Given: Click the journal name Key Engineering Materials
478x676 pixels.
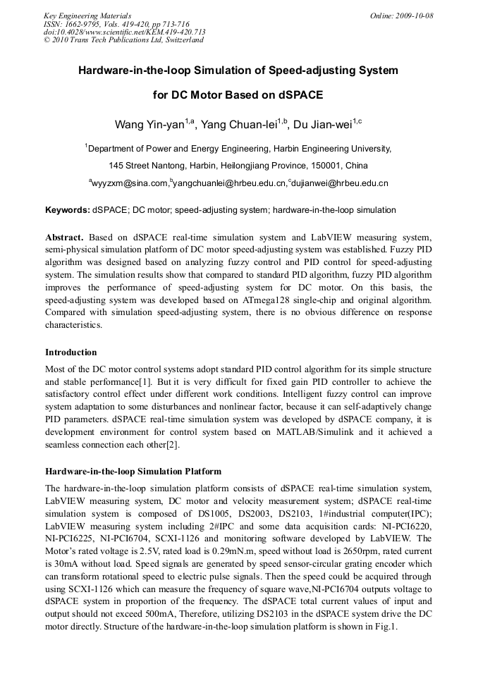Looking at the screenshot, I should pos(87,16).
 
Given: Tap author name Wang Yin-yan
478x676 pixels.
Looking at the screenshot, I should pos(149,125).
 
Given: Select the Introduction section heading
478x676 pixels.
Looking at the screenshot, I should pos(71,352).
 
